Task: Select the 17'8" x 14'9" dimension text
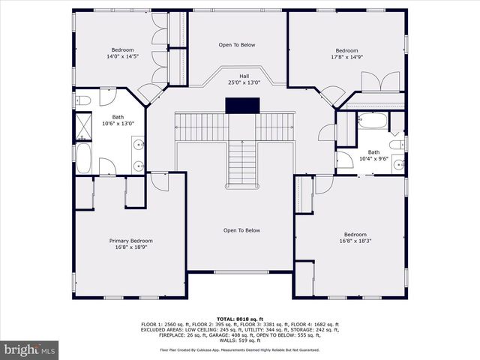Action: pos(346,56)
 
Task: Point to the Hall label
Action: pos(244,76)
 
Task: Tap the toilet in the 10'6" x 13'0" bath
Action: pos(83,100)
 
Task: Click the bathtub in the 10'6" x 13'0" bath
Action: pos(83,158)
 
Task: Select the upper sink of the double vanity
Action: pos(137,143)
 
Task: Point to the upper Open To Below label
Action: pos(237,45)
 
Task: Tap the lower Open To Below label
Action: pos(241,230)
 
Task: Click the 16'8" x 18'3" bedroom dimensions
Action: pos(355,241)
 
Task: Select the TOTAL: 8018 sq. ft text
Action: pos(239,318)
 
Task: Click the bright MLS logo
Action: pos(30,349)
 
